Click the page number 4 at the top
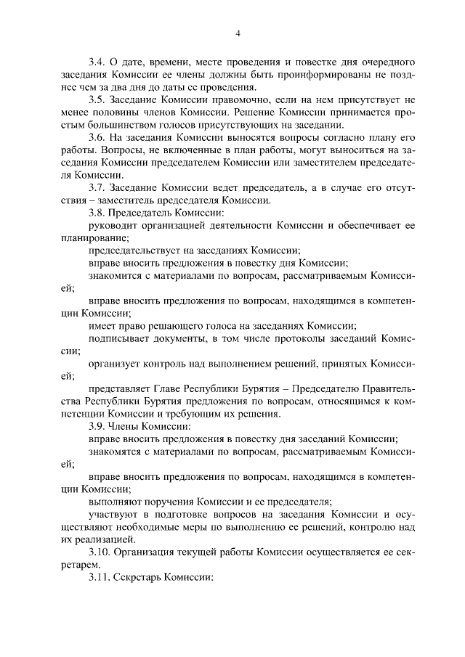(x=237, y=33)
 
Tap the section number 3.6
(x=97, y=137)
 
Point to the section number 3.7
(x=97, y=187)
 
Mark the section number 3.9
(x=97, y=427)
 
